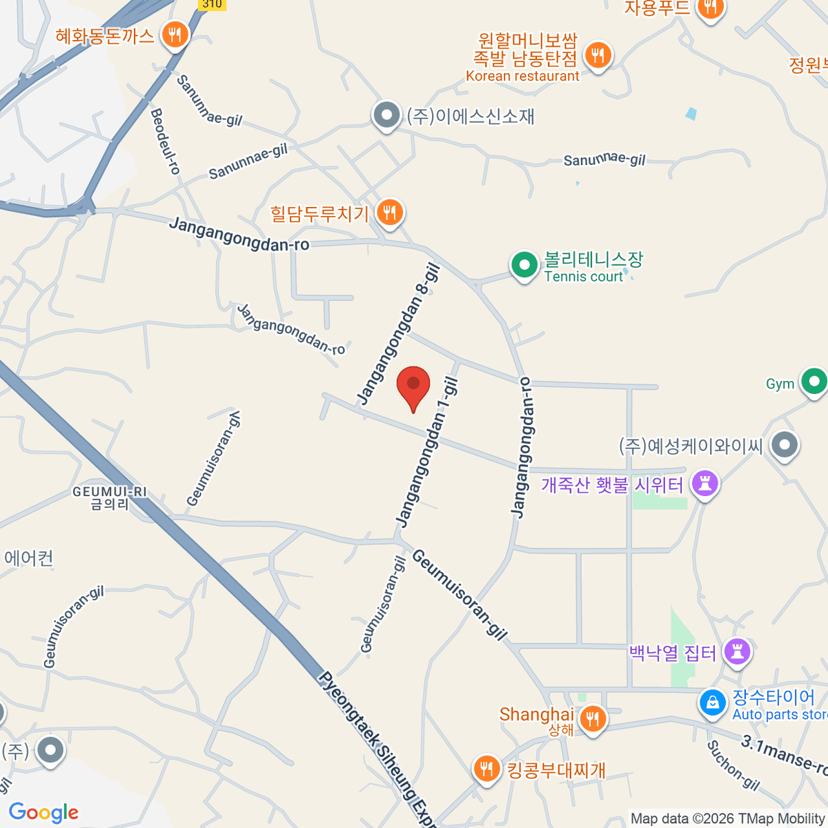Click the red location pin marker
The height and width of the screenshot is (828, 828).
[413, 386]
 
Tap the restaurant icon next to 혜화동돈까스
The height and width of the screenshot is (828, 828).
[175, 34]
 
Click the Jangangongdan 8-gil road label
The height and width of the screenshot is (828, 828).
[400, 335]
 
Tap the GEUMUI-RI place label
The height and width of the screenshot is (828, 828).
[110, 497]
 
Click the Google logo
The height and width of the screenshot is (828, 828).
[43, 813]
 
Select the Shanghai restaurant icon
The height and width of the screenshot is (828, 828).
[592, 718]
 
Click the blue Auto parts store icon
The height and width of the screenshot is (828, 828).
[712, 703]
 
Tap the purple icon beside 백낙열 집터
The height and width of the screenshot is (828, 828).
[737, 651]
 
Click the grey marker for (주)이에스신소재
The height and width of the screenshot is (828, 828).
[386, 115]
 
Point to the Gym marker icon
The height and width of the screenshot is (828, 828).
[814, 382]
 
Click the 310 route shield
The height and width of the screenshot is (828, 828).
[212, 4]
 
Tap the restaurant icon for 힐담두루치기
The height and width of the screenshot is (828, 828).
[390, 212]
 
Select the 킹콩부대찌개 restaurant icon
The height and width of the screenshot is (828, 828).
[487, 769]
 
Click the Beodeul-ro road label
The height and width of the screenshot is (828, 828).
[166, 141]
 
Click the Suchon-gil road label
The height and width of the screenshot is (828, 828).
[733, 765]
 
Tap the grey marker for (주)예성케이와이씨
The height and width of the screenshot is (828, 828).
[785, 445]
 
